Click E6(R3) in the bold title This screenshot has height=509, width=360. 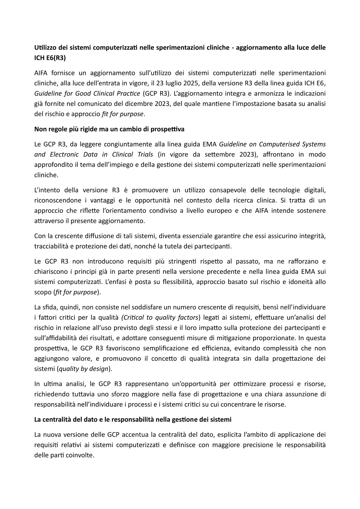pos(56,58)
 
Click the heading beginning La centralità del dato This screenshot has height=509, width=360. pos(133,419)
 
